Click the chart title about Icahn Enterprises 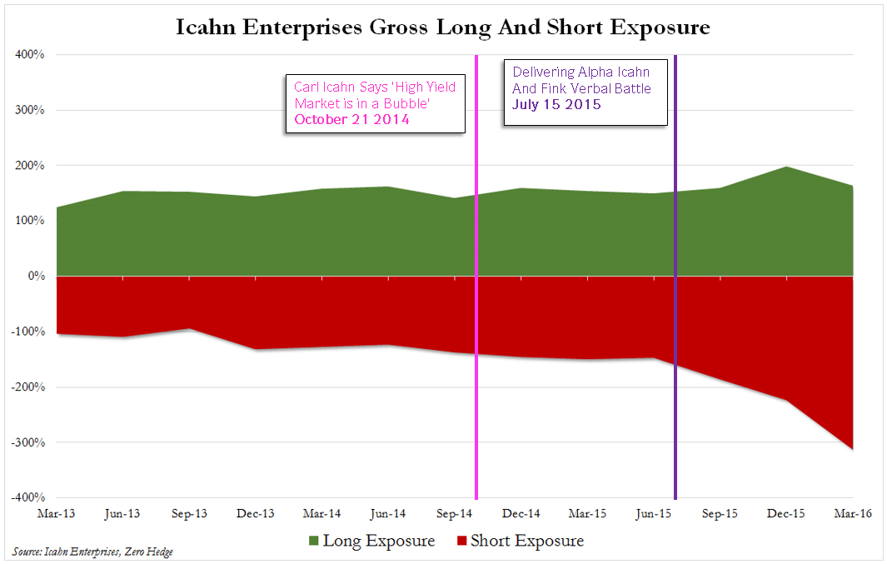[x=443, y=27]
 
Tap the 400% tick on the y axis [x=31, y=55]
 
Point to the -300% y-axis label [x=28, y=442]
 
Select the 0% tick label [x=36, y=276]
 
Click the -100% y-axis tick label [x=28, y=332]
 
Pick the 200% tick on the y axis [x=31, y=166]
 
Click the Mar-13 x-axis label [x=56, y=514]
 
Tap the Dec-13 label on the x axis [x=256, y=514]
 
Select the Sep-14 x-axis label [x=456, y=514]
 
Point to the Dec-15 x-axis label [x=786, y=514]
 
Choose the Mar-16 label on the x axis [x=852, y=514]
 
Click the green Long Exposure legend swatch [x=312, y=542]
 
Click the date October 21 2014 [x=352, y=120]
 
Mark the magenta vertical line [x=476, y=333]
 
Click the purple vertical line [x=675, y=333]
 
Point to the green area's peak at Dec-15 [x=786, y=167]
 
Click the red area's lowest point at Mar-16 [x=852, y=449]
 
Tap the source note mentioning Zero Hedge [x=93, y=552]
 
